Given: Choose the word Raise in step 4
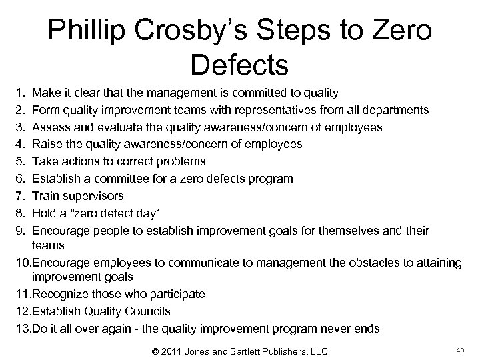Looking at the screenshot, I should coord(45,144).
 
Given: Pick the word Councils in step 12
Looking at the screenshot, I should coord(146,311).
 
